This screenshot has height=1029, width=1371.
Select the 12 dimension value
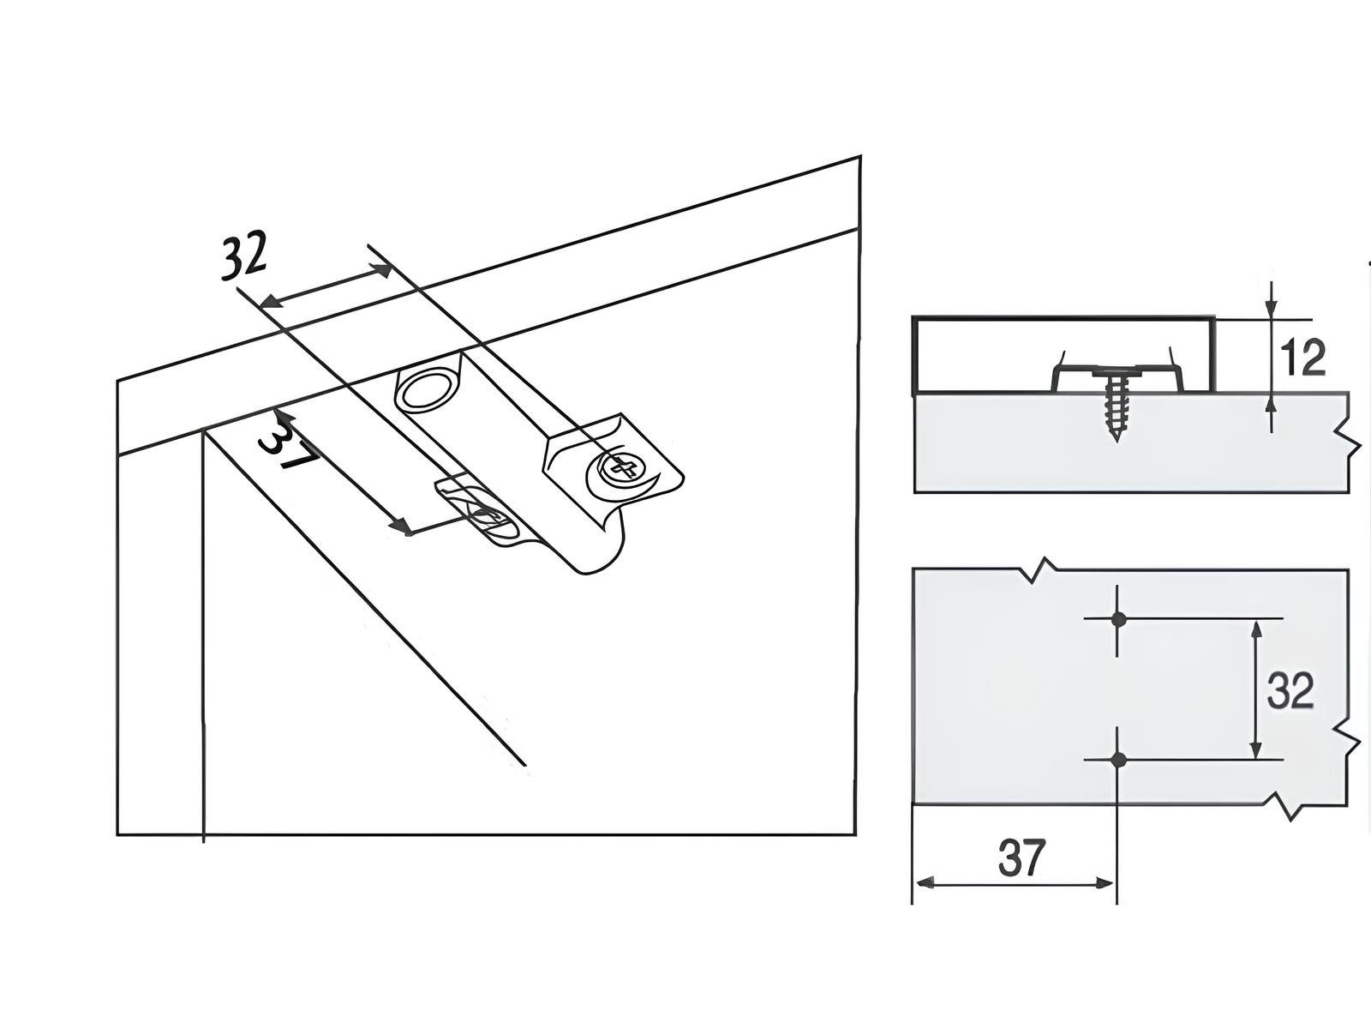[x=1303, y=358]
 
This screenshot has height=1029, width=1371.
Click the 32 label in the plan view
[x=1290, y=690]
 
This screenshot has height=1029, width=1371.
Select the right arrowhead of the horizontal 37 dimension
[x=1105, y=883]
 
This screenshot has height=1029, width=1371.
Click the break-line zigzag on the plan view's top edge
[x=1041, y=568]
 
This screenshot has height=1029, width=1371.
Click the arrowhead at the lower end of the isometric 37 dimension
[x=403, y=528]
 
